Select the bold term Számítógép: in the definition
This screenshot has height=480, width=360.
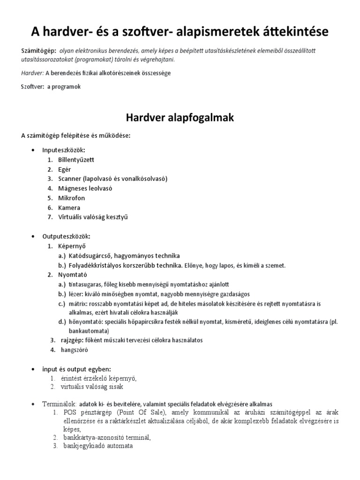click(x=39, y=50)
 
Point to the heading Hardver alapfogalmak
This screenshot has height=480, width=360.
click(x=180, y=117)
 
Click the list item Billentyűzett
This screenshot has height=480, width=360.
click(x=76, y=160)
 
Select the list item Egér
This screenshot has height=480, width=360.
click(x=65, y=169)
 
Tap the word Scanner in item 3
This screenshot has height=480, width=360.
click(x=69, y=179)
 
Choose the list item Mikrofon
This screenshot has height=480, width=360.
click(x=72, y=198)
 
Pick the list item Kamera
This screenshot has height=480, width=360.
click(x=69, y=207)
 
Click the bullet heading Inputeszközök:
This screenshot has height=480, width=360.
click(x=64, y=150)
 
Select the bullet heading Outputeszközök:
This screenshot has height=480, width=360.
click(x=67, y=236)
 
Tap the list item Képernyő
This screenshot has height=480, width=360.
click(x=72, y=246)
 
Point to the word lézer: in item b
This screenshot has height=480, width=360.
click(x=76, y=294)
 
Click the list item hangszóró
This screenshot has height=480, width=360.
click(x=75, y=350)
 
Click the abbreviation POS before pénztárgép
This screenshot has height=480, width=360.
click(x=69, y=412)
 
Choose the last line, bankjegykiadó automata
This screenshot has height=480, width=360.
click(x=98, y=446)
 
